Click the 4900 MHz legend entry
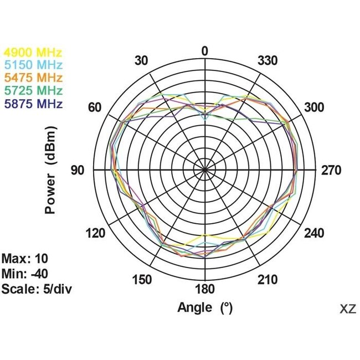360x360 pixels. tap(33, 53)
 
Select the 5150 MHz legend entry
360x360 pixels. tap(33, 65)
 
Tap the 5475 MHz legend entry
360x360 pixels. tap(33, 78)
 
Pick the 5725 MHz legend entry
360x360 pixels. tap(33, 90)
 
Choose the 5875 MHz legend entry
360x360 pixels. tap(33, 103)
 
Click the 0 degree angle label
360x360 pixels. tap(205, 52)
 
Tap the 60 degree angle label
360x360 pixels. tap(96, 107)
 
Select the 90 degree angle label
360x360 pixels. tap(77, 171)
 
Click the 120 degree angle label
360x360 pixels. tap(96, 233)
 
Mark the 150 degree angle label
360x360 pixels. tap(142, 280)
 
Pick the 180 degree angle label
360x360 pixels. tap(205, 289)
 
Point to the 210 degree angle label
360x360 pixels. tap(268, 280)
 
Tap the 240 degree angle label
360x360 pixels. tap(314, 233)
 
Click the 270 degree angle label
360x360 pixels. tap(332, 171)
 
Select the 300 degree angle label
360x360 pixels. tap(314, 107)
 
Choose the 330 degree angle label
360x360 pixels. tap(268, 60)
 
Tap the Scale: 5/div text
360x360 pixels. tap(37, 289)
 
